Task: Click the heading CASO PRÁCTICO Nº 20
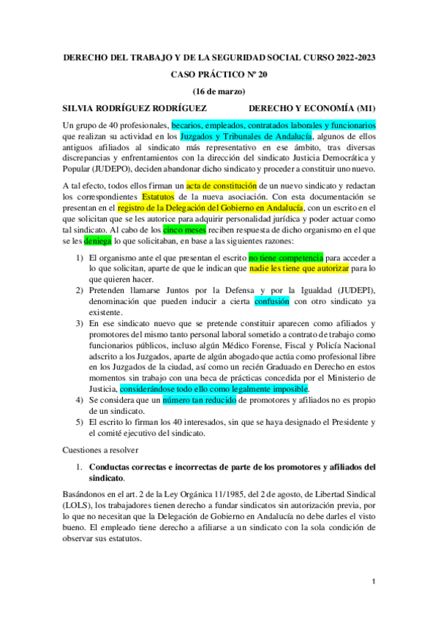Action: click(x=219, y=75)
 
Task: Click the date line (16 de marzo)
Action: click(x=219, y=91)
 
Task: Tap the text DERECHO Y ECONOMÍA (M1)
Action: click(x=311, y=107)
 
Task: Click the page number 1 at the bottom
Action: click(x=374, y=582)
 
